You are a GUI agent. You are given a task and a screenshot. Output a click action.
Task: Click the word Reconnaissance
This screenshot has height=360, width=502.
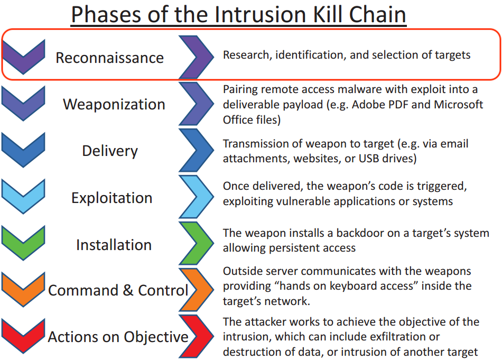[x=109, y=58]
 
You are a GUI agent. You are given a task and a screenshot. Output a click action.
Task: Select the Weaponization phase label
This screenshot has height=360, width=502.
[x=114, y=104]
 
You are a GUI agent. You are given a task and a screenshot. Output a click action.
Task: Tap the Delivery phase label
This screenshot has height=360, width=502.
[x=110, y=151]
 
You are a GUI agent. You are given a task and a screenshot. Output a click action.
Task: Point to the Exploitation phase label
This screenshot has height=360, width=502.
[x=111, y=198]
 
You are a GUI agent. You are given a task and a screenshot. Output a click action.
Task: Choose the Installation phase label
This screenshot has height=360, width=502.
[x=114, y=245]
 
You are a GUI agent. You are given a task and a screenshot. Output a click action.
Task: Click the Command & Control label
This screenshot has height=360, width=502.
[x=118, y=290]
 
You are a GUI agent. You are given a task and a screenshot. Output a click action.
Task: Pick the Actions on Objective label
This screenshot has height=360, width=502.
[x=118, y=337]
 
